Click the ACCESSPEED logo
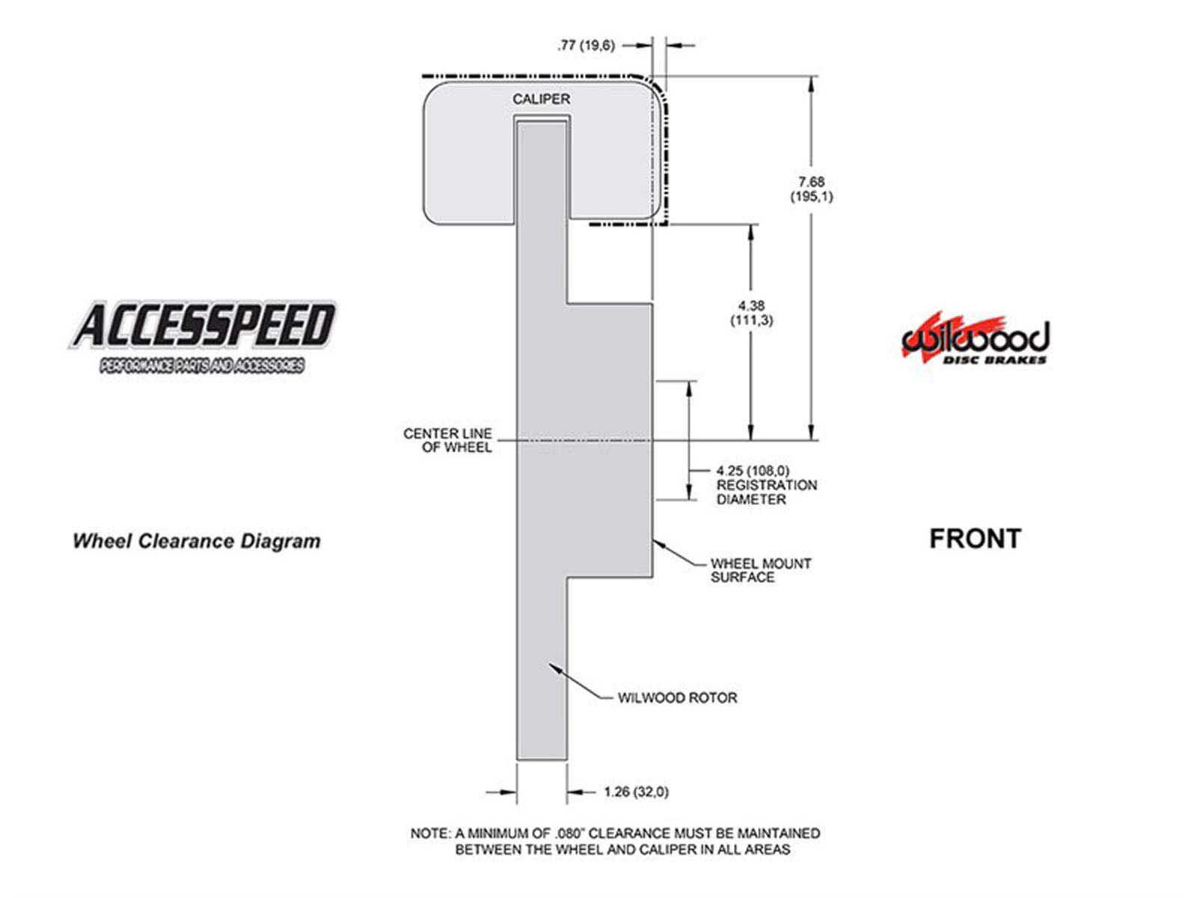click(202, 337)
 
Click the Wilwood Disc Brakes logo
click(975, 338)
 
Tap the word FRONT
click(975, 539)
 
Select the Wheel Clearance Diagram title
click(197, 541)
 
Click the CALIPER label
click(541, 100)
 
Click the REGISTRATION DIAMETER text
click(766, 492)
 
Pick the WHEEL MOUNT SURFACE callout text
click(760, 570)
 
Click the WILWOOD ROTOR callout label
click(677, 697)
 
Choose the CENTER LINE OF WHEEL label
click(447, 440)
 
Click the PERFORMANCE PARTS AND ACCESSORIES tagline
click(202, 365)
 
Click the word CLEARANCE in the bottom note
click(630, 833)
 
